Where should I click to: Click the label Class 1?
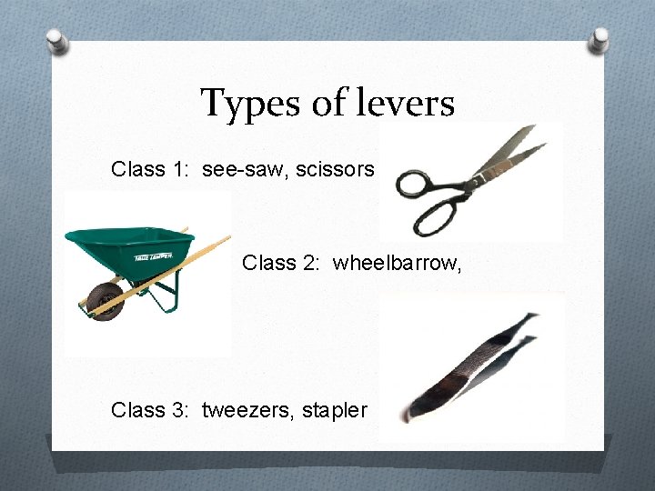coord(150,169)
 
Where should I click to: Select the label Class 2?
coord(281,264)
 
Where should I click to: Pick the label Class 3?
coord(150,410)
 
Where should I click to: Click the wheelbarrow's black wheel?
coord(106,299)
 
